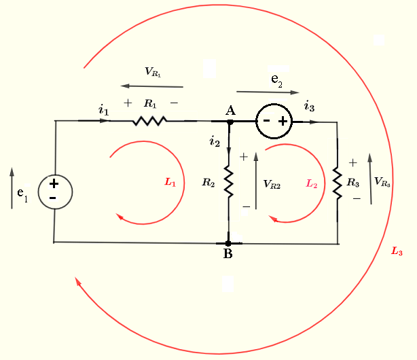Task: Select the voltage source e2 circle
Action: coord(274,122)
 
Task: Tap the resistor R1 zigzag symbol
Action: coord(150,121)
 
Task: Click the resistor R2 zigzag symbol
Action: coord(229,182)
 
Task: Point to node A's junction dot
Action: coord(230,122)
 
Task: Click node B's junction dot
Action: coord(229,242)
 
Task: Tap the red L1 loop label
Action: coord(170,182)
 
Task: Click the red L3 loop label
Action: coord(397,252)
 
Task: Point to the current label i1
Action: coord(103,109)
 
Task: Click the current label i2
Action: coord(215,141)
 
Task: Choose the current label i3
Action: coord(309,106)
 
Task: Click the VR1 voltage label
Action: coord(153,72)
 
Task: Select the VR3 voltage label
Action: coord(382,181)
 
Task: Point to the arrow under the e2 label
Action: coord(268,92)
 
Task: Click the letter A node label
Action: coord(230,110)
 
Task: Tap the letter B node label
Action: coord(228,255)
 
